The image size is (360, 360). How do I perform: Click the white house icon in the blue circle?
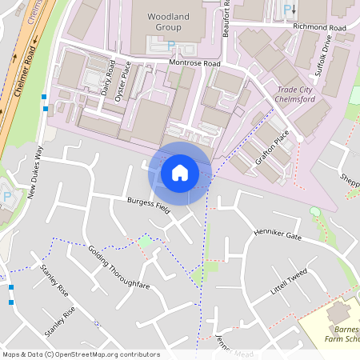point(180,173)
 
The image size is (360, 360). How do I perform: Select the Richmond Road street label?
point(318,26)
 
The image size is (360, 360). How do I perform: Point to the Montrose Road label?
point(194,62)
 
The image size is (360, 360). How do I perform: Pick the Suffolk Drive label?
point(326,58)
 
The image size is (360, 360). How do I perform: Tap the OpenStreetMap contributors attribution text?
point(80,354)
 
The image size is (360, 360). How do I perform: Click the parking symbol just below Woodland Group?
point(170,46)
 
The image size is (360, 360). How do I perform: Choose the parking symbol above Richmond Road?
point(289,10)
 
